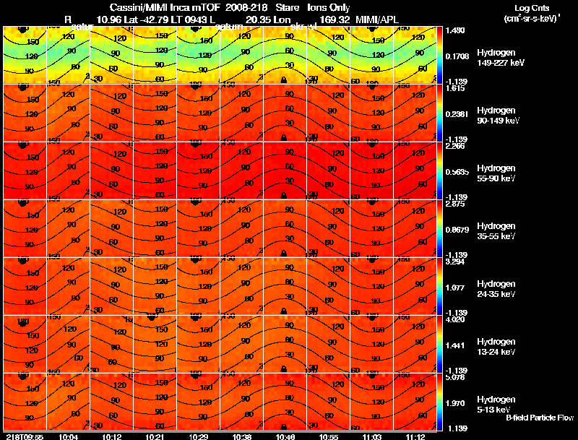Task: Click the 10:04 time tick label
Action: coord(69,436)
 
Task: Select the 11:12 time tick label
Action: coord(415,436)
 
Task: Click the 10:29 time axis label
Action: coord(198,436)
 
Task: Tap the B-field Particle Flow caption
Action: coord(539,418)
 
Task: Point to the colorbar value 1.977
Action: coord(457,287)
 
